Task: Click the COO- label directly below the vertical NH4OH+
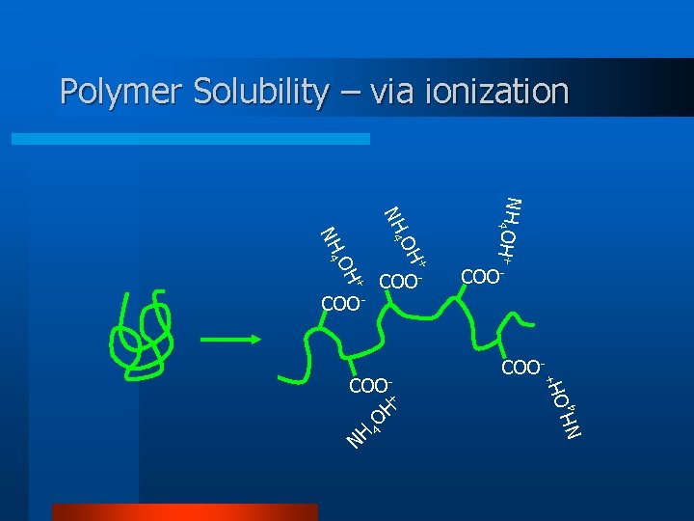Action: click(484, 277)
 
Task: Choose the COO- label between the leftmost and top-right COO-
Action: click(402, 282)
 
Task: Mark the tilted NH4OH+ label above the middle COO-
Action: click(406, 237)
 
